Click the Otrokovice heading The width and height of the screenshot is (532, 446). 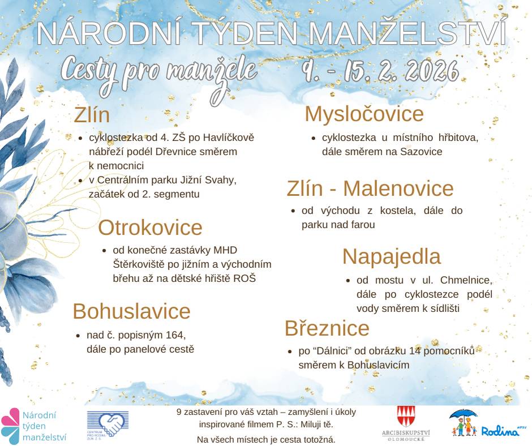[x=150, y=228]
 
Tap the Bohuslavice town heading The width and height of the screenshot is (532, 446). [x=131, y=311]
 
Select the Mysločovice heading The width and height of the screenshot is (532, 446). [x=364, y=114]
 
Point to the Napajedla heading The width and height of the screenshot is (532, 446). [x=391, y=256]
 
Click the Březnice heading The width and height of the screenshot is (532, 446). [x=327, y=328]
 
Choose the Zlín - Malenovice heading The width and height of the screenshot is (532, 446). [x=370, y=188]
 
